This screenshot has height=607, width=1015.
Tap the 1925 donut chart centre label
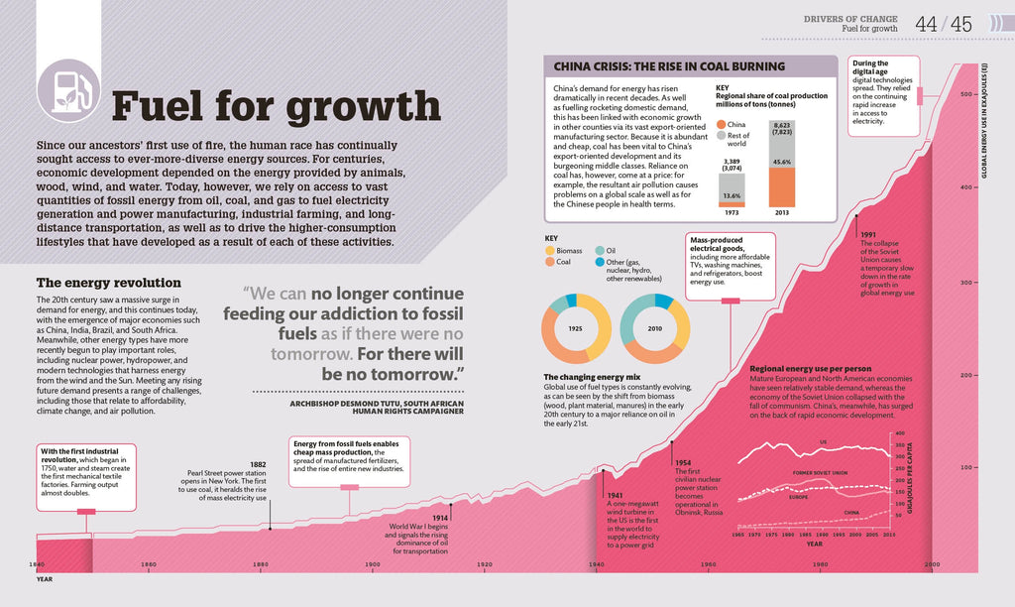click(575, 327)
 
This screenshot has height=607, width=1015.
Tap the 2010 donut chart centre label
click(655, 327)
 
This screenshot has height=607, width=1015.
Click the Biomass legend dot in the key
click(551, 251)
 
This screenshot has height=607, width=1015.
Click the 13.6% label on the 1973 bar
click(733, 195)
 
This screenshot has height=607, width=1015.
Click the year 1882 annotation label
click(258, 464)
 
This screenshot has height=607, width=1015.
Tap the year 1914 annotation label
click(440, 518)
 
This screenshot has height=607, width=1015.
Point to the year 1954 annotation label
click(683, 462)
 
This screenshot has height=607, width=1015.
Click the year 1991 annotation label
click(869, 233)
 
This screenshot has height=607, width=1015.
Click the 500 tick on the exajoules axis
click(966, 94)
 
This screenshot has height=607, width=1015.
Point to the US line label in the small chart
click(822, 442)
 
